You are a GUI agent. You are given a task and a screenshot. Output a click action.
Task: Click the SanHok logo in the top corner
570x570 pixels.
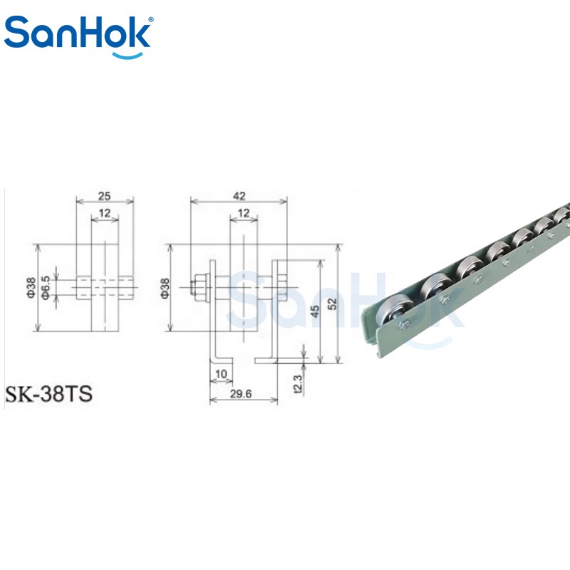pos(78,36)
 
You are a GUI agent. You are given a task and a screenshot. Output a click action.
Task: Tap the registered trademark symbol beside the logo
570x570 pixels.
pos(151,19)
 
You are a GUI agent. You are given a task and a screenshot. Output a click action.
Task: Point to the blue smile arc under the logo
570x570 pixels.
pos(128,56)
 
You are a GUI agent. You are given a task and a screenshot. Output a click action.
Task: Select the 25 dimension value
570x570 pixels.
pos(104,197)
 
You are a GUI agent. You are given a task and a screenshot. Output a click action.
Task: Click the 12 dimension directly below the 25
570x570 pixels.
pos(104,213)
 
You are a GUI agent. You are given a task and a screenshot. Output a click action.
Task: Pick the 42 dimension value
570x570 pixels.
pos(239,197)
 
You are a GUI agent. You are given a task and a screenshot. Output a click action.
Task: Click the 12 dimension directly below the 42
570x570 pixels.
pos(244,213)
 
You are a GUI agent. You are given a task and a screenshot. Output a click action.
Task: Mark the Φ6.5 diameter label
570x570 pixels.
pos(46,288)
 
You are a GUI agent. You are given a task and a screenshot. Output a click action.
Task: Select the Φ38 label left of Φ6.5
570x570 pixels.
pos(31,288)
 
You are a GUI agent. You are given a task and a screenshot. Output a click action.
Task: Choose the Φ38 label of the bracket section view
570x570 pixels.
pos(165,289)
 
